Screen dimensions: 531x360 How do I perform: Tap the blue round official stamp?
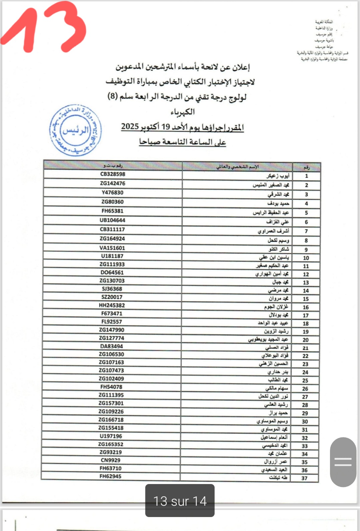76,130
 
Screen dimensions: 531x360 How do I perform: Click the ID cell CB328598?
113,174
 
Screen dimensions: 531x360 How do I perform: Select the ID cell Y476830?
112,193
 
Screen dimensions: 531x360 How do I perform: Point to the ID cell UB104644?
112,220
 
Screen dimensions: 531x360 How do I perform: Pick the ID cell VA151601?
112,248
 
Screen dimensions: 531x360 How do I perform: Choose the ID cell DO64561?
112,272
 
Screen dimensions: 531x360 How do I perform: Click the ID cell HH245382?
112,305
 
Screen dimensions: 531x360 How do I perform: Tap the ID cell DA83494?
112,346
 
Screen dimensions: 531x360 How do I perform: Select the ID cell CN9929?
111,460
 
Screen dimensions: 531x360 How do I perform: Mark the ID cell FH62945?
111,476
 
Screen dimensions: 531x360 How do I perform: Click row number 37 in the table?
304,478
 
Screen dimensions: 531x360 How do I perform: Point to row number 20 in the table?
306,340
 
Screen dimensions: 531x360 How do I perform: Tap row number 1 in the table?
306,176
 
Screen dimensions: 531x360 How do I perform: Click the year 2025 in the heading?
130,127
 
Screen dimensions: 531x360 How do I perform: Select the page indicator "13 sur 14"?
180,501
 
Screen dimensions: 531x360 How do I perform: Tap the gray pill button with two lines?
343,462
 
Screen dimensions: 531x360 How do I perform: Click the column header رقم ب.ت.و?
113,165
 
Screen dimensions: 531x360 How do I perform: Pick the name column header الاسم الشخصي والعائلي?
237,166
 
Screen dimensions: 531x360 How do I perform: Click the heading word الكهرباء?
183,112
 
